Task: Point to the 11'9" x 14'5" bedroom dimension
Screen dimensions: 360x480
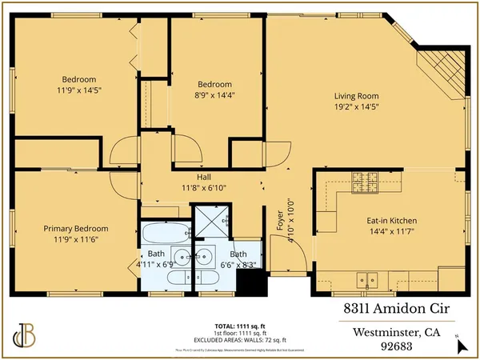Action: pyautogui.click(x=79, y=90)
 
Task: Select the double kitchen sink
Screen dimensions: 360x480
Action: pyautogui.click(x=369, y=279)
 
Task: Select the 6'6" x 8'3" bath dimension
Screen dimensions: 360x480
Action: pyautogui.click(x=239, y=263)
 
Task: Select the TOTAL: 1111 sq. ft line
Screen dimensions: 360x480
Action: pyautogui.click(x=240, y=326)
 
